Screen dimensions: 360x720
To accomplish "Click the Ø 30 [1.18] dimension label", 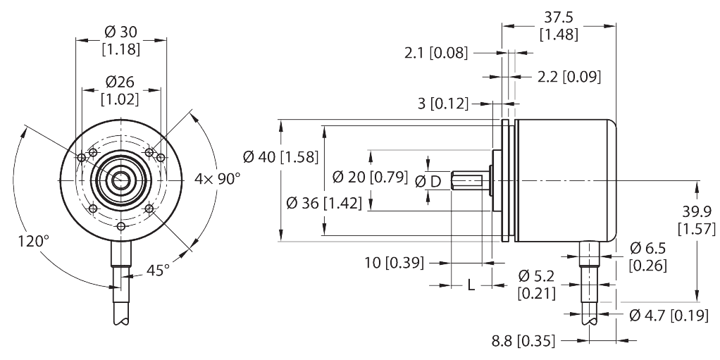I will point(121,41).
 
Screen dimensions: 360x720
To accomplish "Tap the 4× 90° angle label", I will point(218,179).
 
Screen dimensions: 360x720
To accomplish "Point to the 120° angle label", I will point(34,242).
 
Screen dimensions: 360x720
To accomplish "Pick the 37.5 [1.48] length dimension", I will point(558,26).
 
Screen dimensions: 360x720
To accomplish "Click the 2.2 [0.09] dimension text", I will point(568,77).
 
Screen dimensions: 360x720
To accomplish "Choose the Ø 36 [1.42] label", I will point(325,204).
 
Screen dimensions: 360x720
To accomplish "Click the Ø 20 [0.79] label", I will point(369,177).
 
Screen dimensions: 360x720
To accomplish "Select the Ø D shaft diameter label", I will point(428,182).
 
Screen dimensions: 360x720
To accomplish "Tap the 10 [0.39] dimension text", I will point(395,263).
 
